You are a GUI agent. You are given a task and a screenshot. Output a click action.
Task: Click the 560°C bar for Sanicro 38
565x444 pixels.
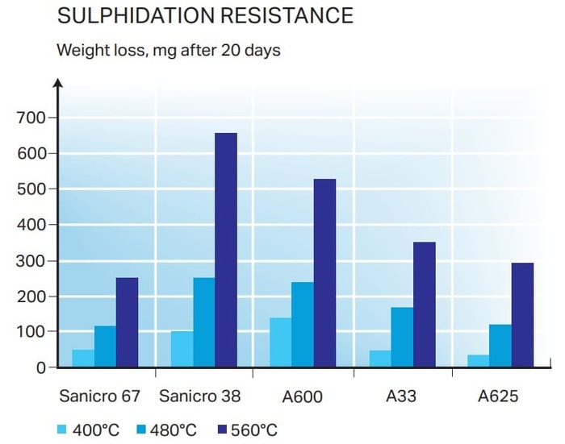pos(226,250)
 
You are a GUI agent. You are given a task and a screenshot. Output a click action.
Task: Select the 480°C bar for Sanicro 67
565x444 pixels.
pos(105,346)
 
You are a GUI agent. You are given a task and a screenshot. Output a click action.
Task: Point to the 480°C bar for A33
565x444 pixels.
pos(402,337)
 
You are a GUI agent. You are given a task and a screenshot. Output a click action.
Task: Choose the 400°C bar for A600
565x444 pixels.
pos(280,342)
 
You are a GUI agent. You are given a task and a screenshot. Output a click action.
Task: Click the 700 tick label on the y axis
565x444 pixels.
pos(31,118)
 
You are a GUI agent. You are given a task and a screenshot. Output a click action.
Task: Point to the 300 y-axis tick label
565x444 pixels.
pos(31,260)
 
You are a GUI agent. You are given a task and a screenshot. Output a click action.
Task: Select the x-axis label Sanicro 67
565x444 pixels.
pos(100,396)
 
